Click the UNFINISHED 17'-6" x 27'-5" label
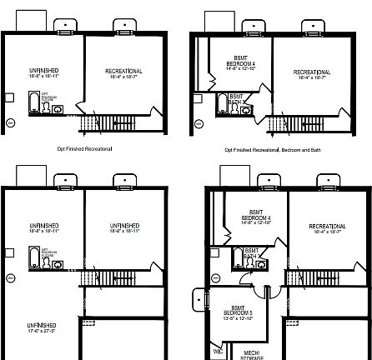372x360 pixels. [x=41, y=327]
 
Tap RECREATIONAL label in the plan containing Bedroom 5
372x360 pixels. [x=327, y=227]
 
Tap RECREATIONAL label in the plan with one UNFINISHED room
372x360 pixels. [x=123, y=73]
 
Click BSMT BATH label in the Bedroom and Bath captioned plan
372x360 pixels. [x=238, y=102]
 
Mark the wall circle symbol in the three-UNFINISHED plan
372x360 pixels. [x=11, y=277]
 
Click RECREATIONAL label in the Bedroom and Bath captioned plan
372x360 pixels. [x=312, y=74]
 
